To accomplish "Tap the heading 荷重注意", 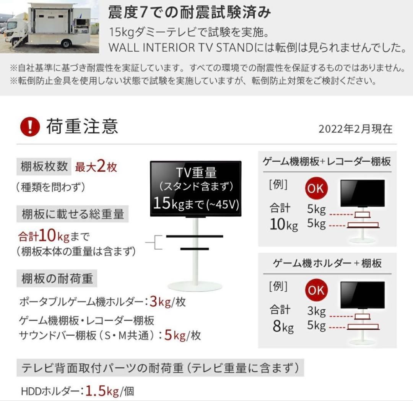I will pos(82,127).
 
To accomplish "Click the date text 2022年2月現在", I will pos(355,129).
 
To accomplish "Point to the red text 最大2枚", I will pos(96,167).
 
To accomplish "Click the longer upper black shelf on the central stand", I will pos(194,238).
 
